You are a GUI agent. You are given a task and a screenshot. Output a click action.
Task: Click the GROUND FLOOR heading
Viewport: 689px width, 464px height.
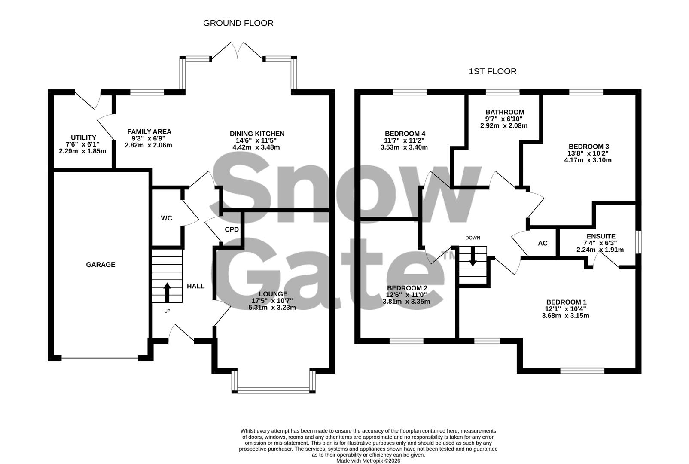[238, 23]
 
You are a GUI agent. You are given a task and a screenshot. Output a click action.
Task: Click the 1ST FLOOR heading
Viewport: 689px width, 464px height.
[493, 71]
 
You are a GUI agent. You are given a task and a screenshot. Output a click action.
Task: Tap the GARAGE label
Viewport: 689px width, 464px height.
[101, 265]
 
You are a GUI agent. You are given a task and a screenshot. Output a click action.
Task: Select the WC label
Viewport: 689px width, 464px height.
[166, 218]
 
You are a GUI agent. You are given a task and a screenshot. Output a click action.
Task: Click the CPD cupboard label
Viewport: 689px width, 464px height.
[232, 229]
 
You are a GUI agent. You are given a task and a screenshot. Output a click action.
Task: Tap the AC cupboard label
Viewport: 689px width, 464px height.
[543, 243]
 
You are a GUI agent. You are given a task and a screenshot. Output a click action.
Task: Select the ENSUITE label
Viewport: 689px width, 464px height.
[601, 236]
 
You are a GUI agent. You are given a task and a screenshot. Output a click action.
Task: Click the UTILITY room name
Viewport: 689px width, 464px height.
[83, 137]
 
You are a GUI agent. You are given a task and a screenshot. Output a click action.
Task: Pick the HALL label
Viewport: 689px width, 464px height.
[195, 286]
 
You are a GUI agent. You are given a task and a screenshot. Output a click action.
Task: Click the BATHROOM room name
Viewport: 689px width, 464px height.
[505, 112]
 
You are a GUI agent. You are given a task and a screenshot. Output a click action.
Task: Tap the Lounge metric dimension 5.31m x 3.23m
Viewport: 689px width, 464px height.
[272, 308]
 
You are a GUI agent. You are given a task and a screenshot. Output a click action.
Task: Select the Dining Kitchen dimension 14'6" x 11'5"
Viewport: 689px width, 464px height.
[257, 140]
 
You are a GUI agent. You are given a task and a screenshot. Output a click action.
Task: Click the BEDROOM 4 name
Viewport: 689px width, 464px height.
[405, 133]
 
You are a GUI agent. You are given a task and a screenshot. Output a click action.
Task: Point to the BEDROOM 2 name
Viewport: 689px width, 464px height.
[407, 288]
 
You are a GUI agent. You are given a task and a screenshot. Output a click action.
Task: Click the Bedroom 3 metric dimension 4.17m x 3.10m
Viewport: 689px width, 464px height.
[588, 160]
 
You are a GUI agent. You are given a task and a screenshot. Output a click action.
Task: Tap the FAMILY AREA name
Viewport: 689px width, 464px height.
[149, 132]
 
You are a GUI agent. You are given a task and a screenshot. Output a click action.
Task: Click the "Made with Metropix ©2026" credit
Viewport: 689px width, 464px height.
[368, 461]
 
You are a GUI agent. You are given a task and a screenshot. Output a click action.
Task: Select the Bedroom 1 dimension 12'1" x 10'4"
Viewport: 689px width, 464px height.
[566, 309]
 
